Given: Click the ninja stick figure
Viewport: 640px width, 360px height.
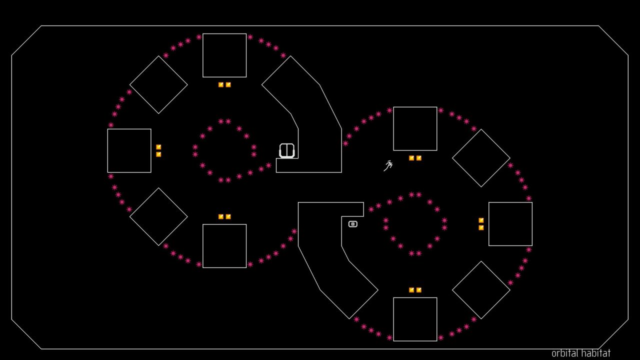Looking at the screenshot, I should click(388, 166).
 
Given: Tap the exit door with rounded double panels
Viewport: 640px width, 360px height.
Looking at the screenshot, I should click(287, 150).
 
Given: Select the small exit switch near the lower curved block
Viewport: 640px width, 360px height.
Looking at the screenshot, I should click(353, 224).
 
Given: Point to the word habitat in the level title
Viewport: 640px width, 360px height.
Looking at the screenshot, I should click(595, 353).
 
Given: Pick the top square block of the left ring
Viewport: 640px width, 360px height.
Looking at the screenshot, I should click(224, 55).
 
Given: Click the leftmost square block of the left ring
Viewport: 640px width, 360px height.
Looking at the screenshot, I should click(129, 150).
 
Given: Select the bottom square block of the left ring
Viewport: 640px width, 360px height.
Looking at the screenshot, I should click(224, 246).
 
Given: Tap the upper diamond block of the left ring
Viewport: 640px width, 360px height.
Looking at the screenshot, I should click(158, 84).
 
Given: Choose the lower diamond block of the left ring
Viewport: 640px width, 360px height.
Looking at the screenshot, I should click(158, 216).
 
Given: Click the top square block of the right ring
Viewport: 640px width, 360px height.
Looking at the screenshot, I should click(415, 128).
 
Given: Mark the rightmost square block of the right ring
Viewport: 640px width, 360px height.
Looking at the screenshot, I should click(510, 224).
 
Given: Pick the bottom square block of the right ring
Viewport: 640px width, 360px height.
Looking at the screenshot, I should click(415, 319).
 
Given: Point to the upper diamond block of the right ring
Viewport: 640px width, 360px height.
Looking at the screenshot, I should click(481, 158).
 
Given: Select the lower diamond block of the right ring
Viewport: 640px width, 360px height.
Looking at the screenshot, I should click(481, 290).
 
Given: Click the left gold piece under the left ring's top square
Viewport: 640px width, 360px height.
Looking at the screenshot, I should click(221, 85).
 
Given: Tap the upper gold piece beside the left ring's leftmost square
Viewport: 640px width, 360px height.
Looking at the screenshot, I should click(158, 147).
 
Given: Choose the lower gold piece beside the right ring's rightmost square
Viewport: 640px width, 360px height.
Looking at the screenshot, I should click(481, 228).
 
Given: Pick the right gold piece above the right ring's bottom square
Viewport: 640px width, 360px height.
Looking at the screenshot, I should click(419, 290).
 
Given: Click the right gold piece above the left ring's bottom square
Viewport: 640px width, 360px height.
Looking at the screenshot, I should click(228, 217).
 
